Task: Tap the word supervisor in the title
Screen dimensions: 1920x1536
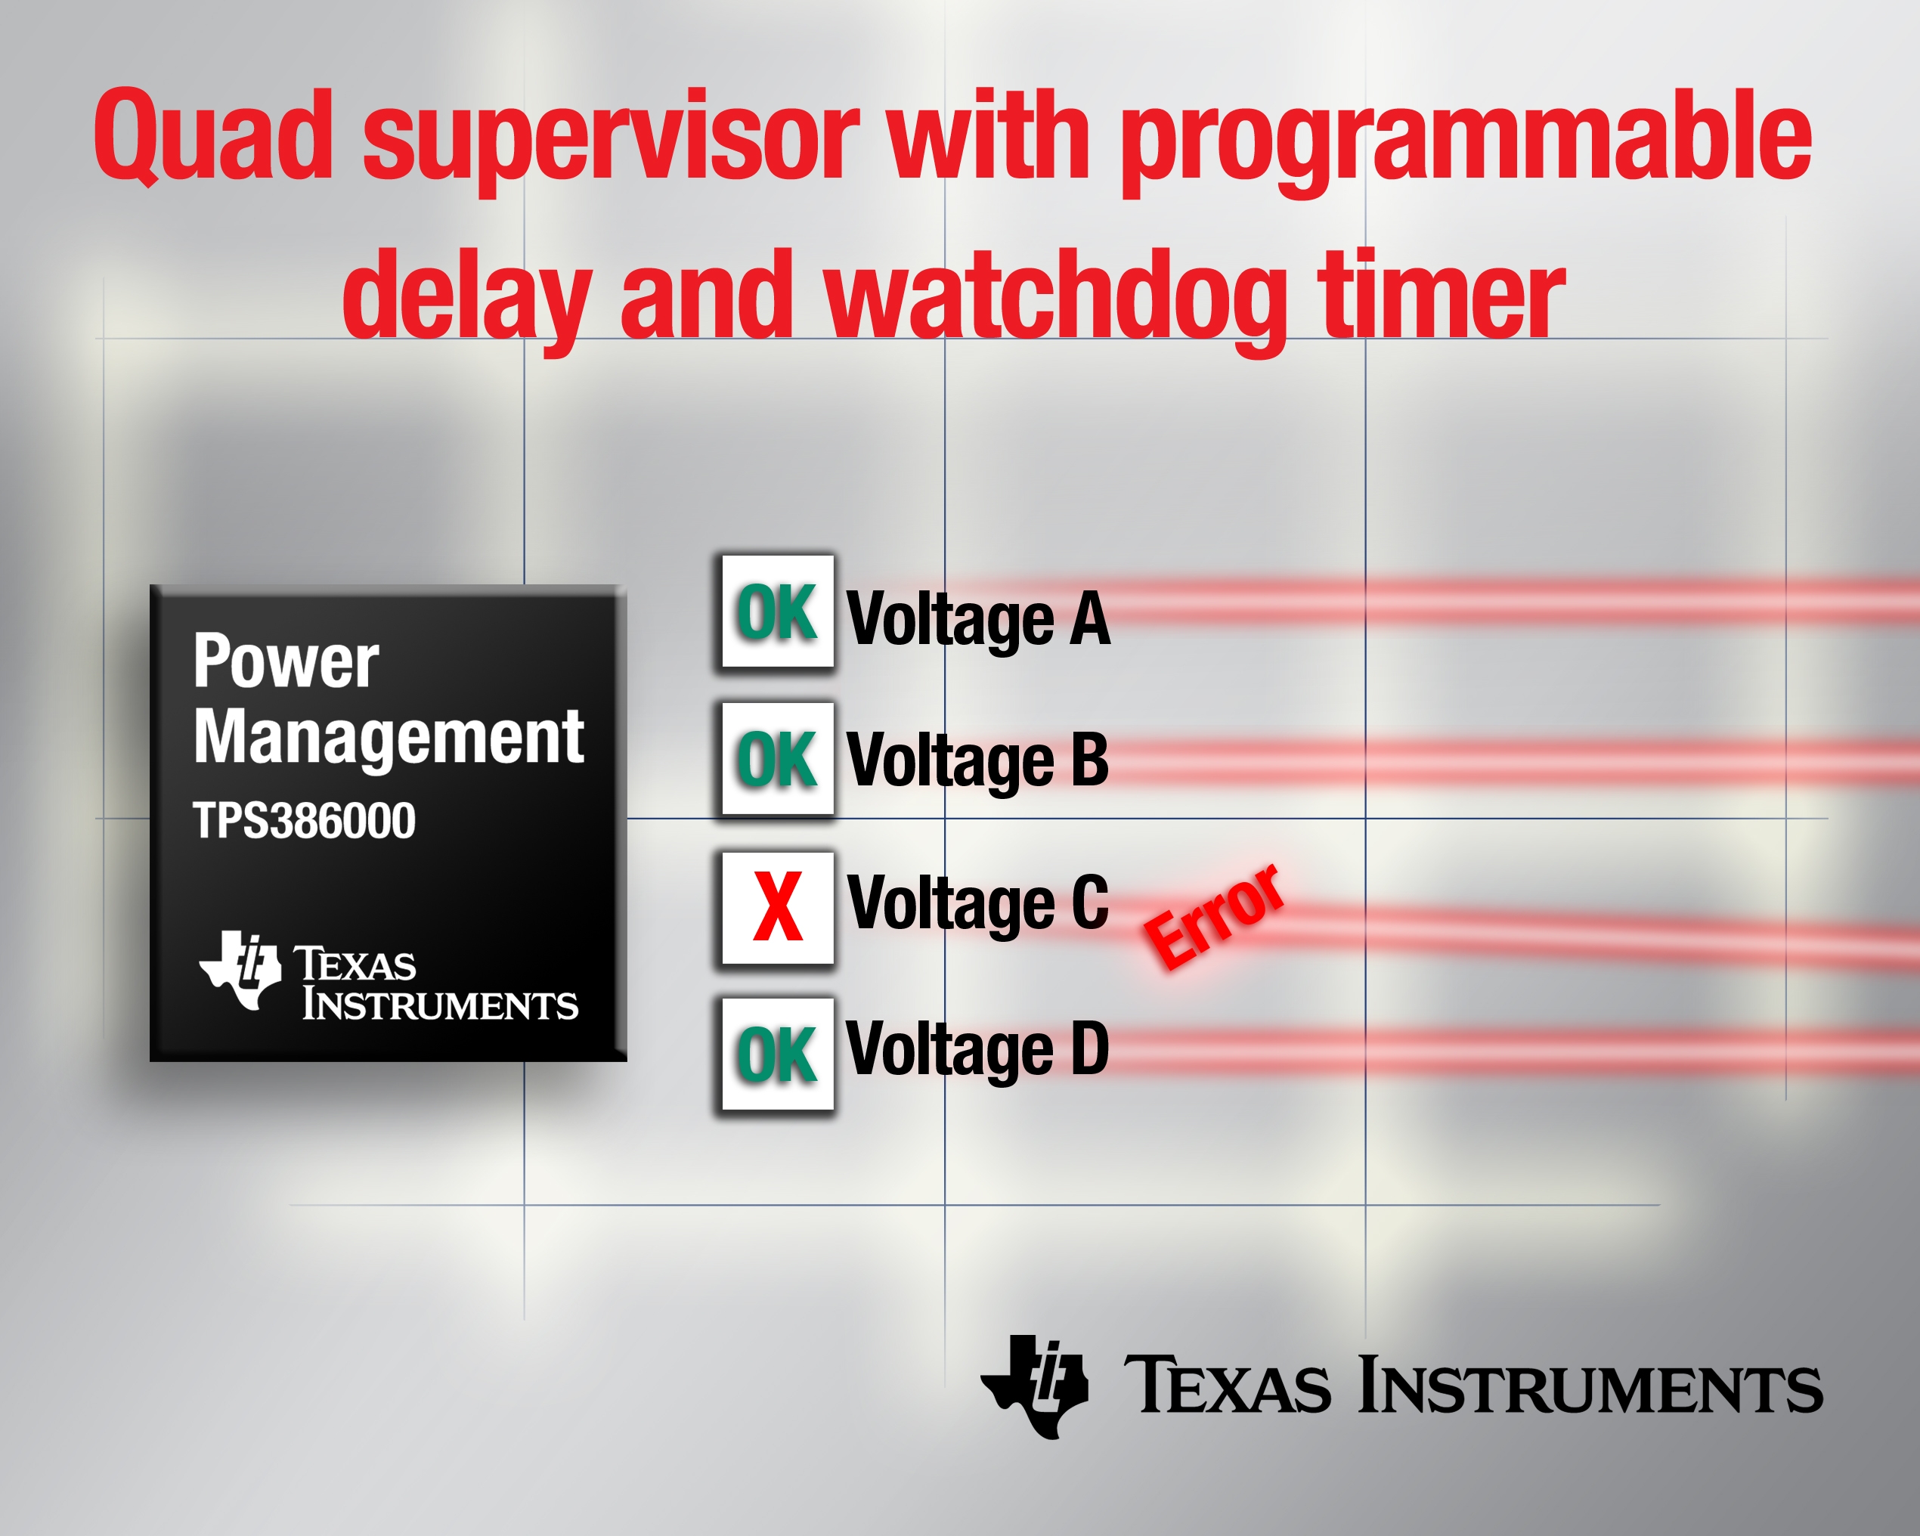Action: (611, 142)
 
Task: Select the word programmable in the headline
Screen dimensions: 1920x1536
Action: (1466, 142)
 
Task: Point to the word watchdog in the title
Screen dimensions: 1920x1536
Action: (1056, 299)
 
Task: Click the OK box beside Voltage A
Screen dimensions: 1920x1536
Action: (777, 612)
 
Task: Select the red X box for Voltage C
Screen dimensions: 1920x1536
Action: (777, 907)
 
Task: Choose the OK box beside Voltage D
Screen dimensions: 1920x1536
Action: (777, 1054)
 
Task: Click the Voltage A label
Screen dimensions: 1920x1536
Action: (978, 621)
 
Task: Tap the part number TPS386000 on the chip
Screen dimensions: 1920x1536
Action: (304, 820)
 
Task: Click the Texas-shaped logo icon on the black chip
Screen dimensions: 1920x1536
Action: (240, 970)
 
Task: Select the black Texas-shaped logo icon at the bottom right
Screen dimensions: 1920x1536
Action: (1034, 1386)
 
